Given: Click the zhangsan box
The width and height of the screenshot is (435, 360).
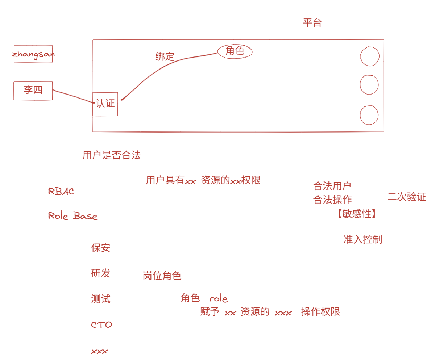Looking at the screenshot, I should [x=33, y=54].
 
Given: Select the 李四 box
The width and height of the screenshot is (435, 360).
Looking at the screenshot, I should [x=33, y=91].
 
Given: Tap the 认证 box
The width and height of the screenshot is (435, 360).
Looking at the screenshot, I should [x=105, y=104].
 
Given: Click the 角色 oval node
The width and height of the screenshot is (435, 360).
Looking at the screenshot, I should [x=235, y=51].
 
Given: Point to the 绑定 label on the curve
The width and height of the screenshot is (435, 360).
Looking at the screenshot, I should [x=165, y=56].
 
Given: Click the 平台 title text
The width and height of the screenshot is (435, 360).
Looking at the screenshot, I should [x=312, y=23].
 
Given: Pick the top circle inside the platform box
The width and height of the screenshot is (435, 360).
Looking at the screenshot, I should [x=370, y=56].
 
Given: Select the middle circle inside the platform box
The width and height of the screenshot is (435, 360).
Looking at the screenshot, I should [x=369, y=85].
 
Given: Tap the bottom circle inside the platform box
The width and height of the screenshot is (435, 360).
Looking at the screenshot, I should [x=369, y=115].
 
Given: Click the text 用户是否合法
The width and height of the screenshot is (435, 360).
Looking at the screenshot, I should [x=111, y=156].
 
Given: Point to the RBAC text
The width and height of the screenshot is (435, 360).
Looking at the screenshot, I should [x=61, y=192].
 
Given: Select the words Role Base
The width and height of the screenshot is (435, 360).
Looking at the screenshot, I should [x=73, y=216].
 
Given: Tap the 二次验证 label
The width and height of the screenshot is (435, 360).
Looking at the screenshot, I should [x=407, y=197].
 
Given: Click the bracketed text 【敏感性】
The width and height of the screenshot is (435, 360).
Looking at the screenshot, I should [x=357, y=214].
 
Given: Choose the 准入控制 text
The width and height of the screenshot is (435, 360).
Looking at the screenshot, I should [x=362, y=240].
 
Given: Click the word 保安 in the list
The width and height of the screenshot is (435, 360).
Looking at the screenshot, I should [x=100, y=248].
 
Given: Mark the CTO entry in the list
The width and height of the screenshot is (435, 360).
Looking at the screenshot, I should [x=101, y=325].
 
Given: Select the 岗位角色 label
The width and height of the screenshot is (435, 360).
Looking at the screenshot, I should [x=162, y=276].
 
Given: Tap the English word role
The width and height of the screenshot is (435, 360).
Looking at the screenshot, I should [x=219, y=299].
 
